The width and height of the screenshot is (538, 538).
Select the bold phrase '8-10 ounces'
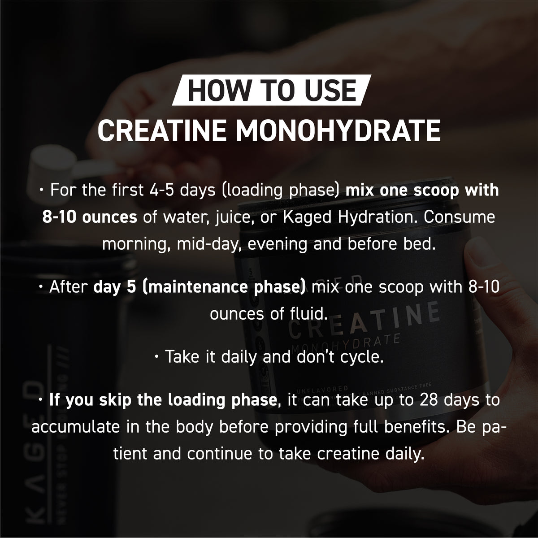click(x=90, y=217)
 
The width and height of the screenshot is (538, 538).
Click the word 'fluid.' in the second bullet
click(x=305, y=313)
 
